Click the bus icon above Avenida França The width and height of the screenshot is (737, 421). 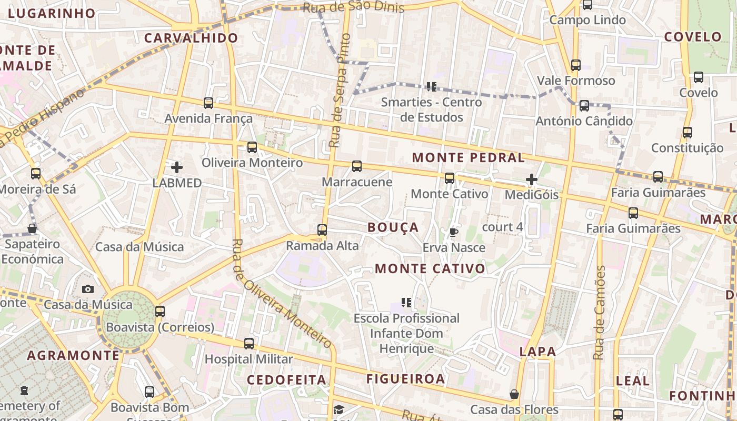[208, 103]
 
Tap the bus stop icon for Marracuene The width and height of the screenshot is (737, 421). [357, 167]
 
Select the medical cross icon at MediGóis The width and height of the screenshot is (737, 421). [532, 180]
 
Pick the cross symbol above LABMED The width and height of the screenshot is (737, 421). [177, 168]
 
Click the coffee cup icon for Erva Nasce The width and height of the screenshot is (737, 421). [454, 232]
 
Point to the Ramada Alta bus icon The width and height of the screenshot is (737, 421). [322, 230]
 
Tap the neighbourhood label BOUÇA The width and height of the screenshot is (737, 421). [393, 227]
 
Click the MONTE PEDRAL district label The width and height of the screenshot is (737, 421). [469, 157]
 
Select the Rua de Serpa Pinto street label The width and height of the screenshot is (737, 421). [340, 91]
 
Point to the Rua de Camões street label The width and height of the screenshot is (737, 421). [599, 313]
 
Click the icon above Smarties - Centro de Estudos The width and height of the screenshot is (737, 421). [432, 87]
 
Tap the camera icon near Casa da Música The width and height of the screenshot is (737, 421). [88, 289]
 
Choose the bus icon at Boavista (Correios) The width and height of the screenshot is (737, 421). [160, 312]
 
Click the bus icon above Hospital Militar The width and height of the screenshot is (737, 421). [249, 344]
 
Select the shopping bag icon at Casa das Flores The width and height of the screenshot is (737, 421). [514, 394]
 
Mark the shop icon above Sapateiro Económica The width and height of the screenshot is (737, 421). [32, 228]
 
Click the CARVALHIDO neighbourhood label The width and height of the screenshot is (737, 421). [191, 38]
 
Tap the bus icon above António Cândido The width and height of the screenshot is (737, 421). [584, 106]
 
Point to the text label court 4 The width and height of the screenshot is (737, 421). [503, 227]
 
